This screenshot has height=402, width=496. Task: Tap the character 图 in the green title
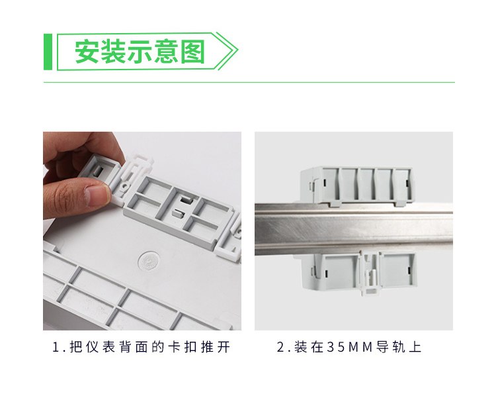tap(193, 52)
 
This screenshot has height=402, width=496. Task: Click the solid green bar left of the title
tap(48, 52)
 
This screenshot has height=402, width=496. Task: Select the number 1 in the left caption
tap(56, 347)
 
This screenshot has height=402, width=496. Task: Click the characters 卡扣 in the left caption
tap(183, 347)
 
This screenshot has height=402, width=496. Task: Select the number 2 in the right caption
tap(281, 347)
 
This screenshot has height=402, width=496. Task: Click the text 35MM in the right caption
tap(350, 347)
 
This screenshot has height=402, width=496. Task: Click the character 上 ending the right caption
tap(415, 347)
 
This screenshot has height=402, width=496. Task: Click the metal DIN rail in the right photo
tap(354, 229)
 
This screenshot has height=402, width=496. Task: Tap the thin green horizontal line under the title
tap(249, 82)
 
